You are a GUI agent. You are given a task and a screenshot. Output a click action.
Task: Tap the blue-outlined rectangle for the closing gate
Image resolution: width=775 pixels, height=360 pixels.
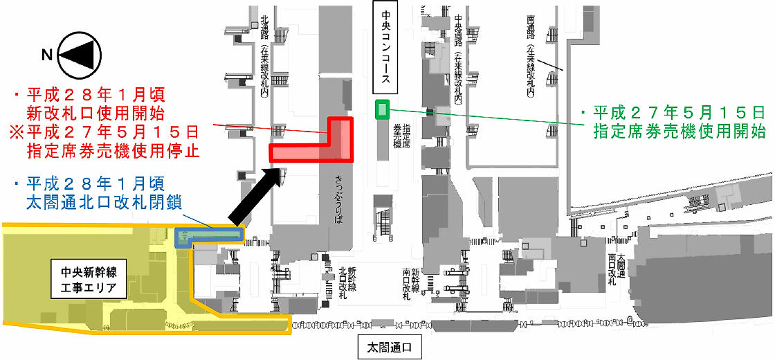209,237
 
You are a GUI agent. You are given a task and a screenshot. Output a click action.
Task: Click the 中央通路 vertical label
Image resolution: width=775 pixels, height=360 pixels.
461,30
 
